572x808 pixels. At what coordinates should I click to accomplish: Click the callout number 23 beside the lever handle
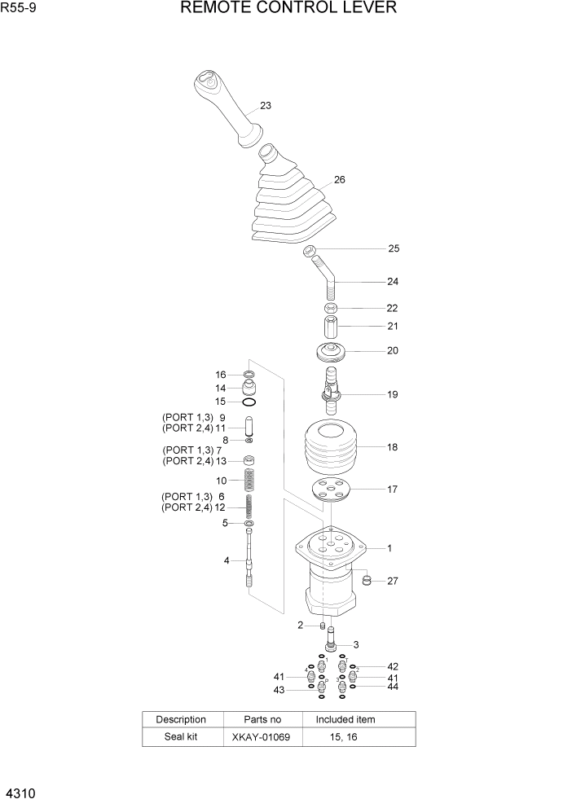(266, 106)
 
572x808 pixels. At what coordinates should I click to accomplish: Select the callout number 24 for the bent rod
(393, 282)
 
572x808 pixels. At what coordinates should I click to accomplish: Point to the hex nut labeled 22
(330, 309)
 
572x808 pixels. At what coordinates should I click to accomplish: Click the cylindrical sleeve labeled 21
(331, 327)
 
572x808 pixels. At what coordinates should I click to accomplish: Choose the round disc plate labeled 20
(331, 353)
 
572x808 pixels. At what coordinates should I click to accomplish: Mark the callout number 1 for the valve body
(389, 549)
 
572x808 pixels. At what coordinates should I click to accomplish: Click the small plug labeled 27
(367, 581)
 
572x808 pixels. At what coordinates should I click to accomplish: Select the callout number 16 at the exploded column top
(221, 375)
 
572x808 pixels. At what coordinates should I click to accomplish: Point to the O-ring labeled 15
(249, 402)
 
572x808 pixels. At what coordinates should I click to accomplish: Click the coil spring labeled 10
(249, 481)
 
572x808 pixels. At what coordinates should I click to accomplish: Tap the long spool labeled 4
(249, 560)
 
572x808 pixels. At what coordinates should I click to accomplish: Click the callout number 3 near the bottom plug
(356, 646)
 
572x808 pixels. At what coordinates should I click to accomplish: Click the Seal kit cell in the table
(181, 737)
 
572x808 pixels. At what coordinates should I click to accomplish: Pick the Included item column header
(345, 720)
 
